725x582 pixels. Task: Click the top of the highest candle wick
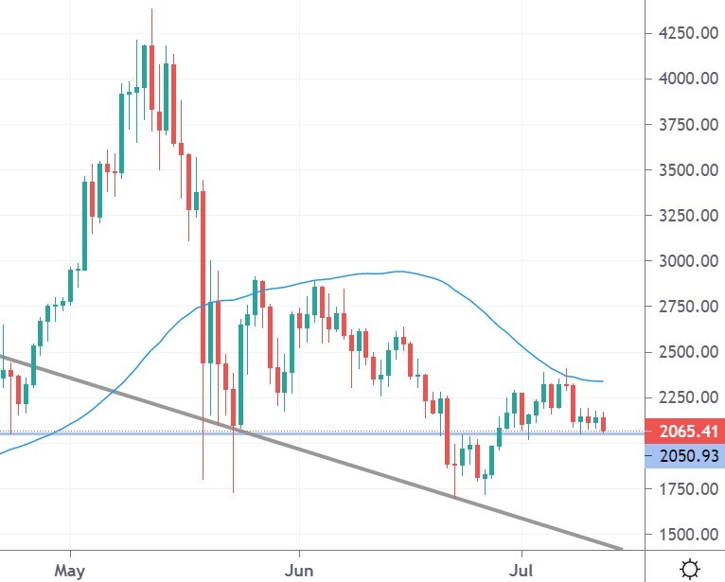[x=151, y=9]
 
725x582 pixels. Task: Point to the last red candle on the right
[x=604, y=424]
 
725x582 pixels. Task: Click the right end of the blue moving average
[x=603, y=381]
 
